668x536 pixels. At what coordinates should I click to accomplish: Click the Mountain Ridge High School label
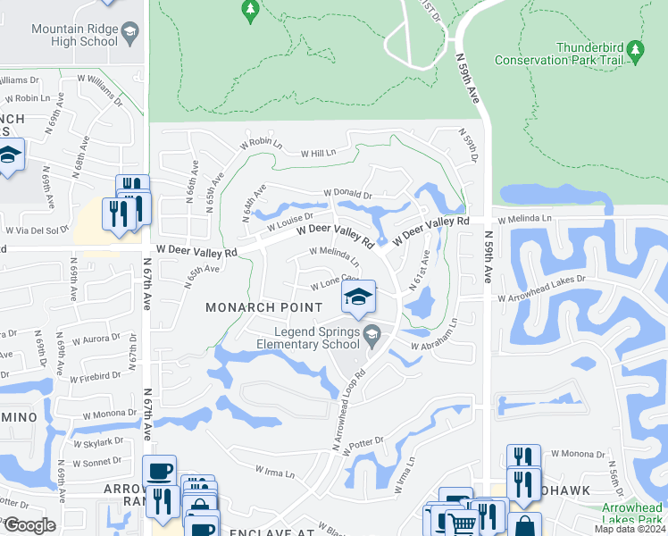(x=75, y=35)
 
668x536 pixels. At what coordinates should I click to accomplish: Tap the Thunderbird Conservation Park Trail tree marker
(x=635, y=47)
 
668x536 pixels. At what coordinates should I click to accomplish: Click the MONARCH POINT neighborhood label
(x=263, y=307)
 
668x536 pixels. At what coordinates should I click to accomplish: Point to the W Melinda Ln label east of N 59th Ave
(x=524, y=219)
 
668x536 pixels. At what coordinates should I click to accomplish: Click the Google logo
(x=29, y=524)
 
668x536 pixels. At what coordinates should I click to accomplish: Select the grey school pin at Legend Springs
(x=373, y=335)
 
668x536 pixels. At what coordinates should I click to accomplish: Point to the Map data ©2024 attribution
(x=627, y=529)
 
